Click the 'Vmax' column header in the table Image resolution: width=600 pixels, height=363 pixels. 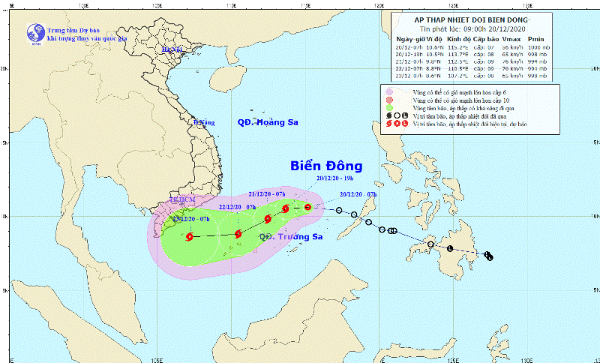click(x=510, y=38)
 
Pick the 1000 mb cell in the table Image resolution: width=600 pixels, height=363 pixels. click(x=538, y=46)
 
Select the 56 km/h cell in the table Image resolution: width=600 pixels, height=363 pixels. click(x=510, y=46)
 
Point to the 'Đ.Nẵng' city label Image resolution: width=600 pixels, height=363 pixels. click(x=203, y=122)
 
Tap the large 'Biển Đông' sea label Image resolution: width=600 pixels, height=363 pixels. click(x=326, y=166)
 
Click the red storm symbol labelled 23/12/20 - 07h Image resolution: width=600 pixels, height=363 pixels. click(x=188, y=237)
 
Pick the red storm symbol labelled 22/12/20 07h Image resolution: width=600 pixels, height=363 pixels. click(x=238, y=234)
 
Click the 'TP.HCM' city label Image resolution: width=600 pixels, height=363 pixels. click(x=181, y=201)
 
